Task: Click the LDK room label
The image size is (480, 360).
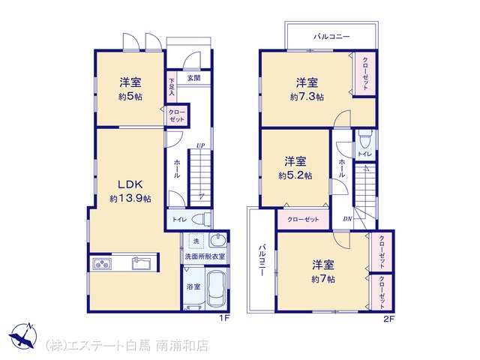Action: point(130,184)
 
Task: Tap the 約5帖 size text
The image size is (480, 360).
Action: point(130,97)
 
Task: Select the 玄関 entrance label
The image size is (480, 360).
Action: point(193,78)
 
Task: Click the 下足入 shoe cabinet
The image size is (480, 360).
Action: point(172,87)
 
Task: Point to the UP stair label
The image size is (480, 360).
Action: point(201,145)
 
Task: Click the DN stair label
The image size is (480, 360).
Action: point(347,219)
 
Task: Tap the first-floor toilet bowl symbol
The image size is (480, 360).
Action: point(201,219)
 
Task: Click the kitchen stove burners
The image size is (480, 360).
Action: point(102,264)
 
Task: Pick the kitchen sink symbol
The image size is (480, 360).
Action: point(141,263)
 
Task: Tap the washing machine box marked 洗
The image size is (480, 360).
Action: point(196,241)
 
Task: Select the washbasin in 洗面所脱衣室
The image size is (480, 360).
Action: point(218,240)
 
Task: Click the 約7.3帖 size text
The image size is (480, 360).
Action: point(307,97)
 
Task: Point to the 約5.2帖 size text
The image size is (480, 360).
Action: point(295,175)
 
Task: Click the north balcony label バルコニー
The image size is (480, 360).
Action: point(331,37)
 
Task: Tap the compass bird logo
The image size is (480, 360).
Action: point(22,335)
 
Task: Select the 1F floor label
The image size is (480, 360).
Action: point(224,318)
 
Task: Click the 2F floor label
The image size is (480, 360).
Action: point(389,319)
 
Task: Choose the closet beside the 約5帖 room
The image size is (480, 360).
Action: point(177,115)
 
